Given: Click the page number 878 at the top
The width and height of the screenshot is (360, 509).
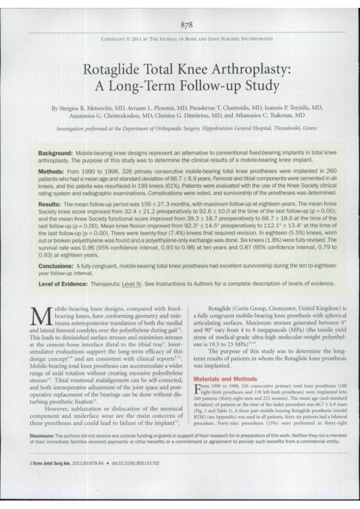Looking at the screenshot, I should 186,25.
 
